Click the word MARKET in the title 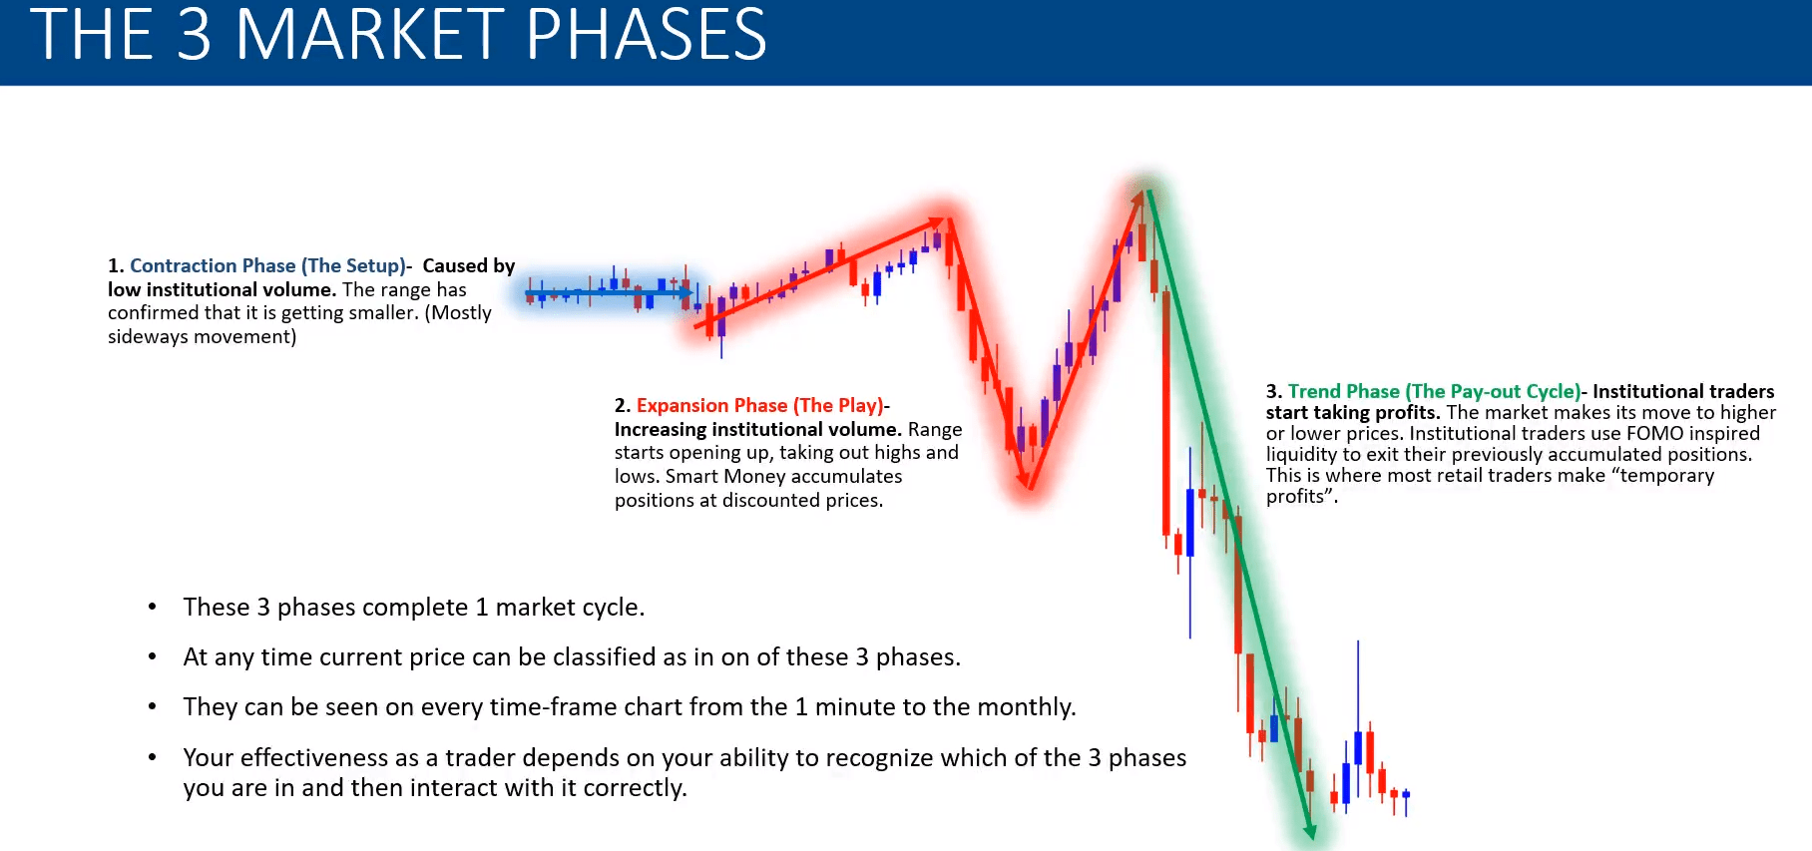pos(370,35)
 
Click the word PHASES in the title pos(647,35)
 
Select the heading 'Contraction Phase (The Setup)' pos(267,265)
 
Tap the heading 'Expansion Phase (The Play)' pos(760,405)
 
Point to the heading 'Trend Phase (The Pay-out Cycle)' pos(1434,391)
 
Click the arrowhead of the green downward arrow pos(1309,830)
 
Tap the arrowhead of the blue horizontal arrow pos(685,293)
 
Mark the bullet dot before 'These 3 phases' pos(152,607)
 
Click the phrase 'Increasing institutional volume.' pos(758,429)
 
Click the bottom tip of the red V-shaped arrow pos(1028,487)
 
